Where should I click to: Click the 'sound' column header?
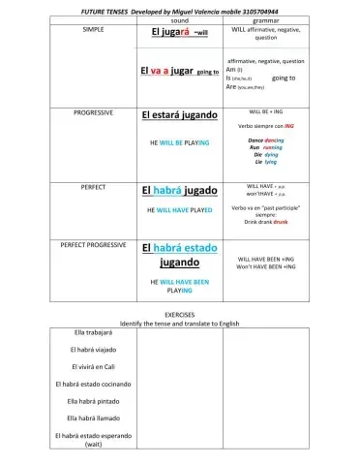[x=179, y=19]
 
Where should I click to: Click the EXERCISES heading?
[x=179, y=315]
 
